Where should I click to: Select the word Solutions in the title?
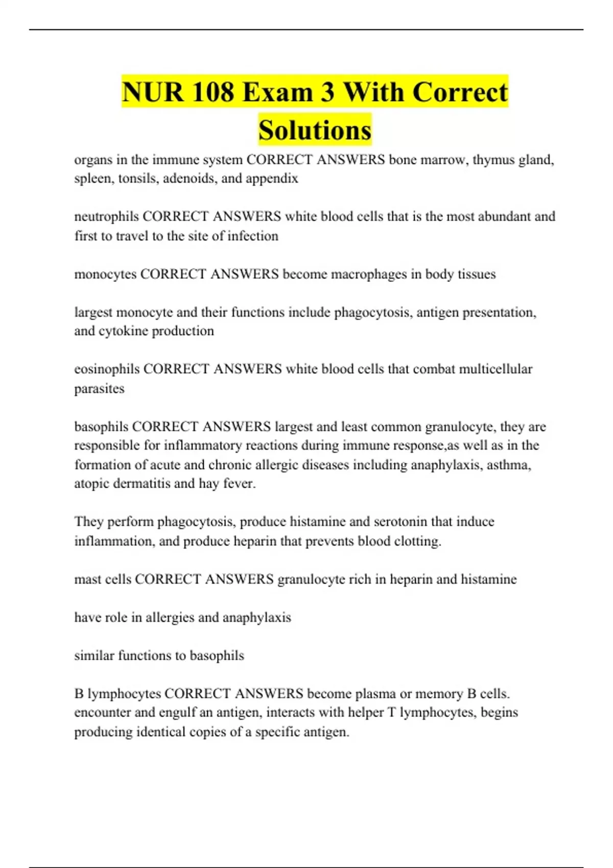[315, 130]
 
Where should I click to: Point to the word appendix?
[272, 179]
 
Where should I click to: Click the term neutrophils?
[106, 216]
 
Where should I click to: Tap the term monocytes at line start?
[105, 274]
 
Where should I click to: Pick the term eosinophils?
[107, 369]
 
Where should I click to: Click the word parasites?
[99, 389]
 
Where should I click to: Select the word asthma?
[509, 465]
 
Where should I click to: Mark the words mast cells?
[103, 580]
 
